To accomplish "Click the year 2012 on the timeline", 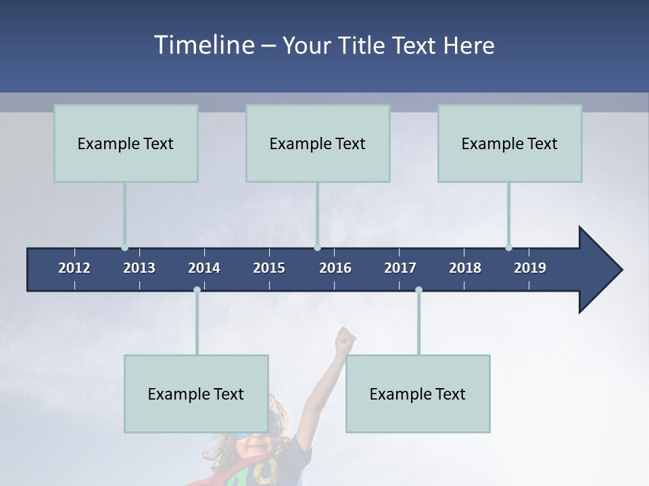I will point(74,268).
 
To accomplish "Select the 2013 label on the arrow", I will point(139,268).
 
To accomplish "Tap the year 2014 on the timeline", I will point(204,268).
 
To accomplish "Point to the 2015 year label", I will point(269,268).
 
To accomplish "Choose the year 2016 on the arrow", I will point(335,268).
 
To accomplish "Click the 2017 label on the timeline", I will point(400,268).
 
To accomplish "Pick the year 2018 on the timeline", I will point(465,268).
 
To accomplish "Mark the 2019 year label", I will point(530,268).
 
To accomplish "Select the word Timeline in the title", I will point(203,45).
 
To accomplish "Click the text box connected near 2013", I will point(126,143).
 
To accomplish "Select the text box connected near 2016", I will point(318,143).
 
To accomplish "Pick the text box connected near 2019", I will point(510,143).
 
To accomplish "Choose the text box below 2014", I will point(196,394).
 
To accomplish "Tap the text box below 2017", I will point(418,394).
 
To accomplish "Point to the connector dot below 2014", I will point(197,290).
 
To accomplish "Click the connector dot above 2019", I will point(508,247).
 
